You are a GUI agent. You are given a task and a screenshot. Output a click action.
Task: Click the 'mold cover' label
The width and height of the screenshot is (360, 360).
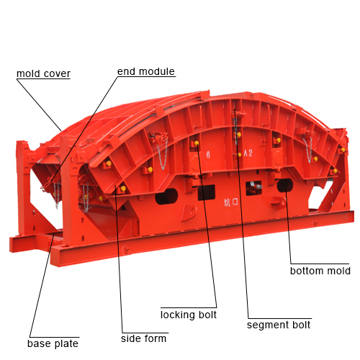point(43,73)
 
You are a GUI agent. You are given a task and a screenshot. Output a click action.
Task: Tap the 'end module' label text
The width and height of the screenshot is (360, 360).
point(146,71)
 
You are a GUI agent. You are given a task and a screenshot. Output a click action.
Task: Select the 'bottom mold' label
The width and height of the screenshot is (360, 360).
point(320,271)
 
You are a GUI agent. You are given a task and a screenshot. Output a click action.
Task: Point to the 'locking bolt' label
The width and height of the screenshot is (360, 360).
point(189,315)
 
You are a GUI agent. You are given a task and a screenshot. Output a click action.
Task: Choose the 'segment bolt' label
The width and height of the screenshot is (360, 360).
point(279,325)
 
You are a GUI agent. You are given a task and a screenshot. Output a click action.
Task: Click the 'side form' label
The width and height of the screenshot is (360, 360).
point(143,338)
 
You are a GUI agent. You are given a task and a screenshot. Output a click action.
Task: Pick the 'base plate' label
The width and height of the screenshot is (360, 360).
point(53,343)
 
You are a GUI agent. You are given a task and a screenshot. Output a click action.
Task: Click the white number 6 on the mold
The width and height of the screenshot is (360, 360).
point(208,155)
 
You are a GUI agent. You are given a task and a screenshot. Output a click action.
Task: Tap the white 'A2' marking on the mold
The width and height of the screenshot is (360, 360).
point(248,153)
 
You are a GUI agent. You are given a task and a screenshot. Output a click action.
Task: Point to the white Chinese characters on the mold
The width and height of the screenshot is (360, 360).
point(231,202)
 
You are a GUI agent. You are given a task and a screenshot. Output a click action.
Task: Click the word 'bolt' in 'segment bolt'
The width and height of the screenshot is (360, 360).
point(301,325)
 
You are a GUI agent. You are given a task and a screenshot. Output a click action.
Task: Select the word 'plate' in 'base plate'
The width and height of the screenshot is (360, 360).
point(66,344)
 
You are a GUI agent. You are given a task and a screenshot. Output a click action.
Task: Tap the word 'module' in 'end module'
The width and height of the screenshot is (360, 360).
point(157,71)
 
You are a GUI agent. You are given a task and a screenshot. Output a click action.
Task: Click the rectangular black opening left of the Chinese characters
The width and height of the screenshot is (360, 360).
point(206,192)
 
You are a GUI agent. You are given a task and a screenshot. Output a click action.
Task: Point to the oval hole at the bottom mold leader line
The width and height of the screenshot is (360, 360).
point(285,186)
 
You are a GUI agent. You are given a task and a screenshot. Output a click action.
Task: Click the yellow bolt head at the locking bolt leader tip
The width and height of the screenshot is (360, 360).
point(197,143)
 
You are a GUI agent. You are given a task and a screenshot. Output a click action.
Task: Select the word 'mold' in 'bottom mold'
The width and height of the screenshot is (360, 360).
point(339,271)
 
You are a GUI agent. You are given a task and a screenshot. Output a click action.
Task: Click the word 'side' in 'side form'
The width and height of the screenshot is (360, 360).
point(130,338)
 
